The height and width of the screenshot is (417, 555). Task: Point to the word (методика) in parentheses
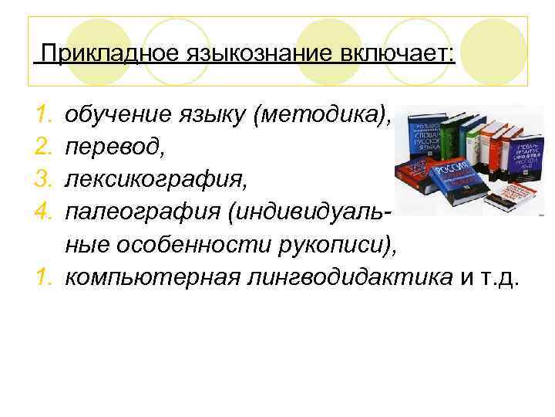pos(327,116)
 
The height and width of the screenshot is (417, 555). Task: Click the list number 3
pos(44,178)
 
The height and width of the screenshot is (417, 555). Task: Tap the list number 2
pos(44,147)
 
